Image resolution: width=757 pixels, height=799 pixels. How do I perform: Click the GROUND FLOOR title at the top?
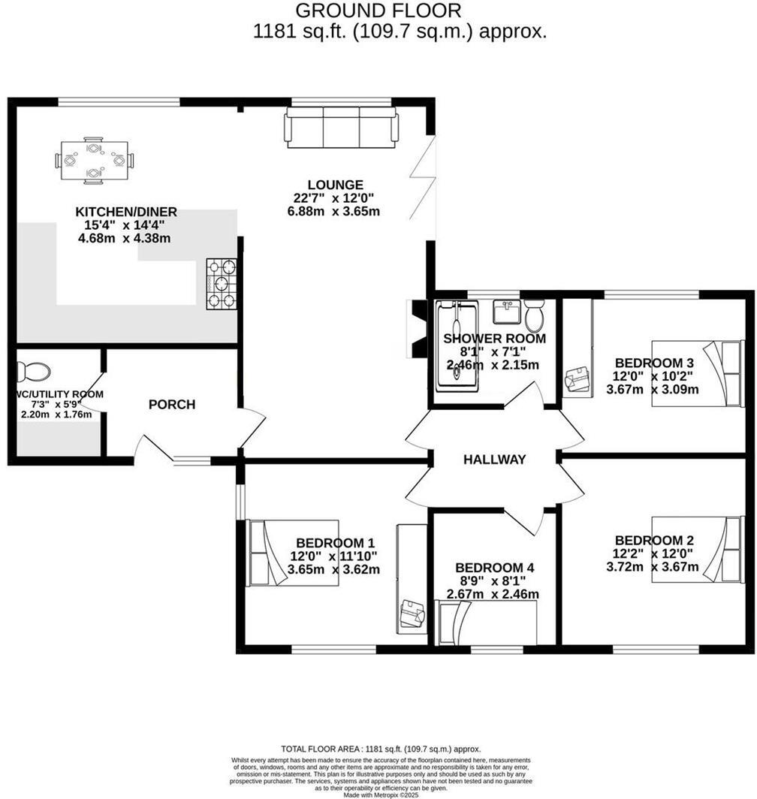[x=378, y=11]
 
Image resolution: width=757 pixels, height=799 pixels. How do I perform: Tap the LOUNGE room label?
[x=335, y=185]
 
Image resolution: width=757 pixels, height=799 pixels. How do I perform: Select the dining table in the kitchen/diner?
[x=93, y=160]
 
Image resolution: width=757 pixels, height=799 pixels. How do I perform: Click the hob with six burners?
[x=221, y=284]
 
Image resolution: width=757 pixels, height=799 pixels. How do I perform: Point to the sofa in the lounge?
[x=341, y=127]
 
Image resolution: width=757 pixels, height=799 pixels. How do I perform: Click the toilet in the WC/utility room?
[x=35, y=370]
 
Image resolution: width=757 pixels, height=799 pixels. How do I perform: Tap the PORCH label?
[x=171, y=405]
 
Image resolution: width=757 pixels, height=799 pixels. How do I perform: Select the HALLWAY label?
[x=494, y=460]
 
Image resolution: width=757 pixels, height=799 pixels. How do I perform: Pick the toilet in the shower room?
[x=535, y=315]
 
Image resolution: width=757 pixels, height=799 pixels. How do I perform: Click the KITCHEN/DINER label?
[x=125, y=212]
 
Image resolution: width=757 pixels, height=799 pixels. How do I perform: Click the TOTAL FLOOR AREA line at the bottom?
[x=380, y=749]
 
